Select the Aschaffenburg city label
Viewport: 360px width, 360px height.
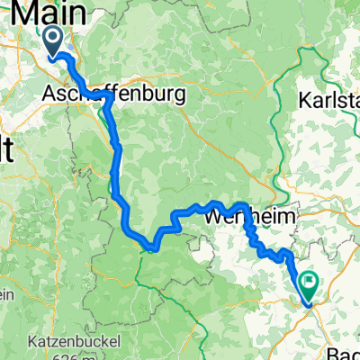pyautogui.click(x=113, y=94)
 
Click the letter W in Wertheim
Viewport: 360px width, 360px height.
pyautogui.click(x=213, y=217)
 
